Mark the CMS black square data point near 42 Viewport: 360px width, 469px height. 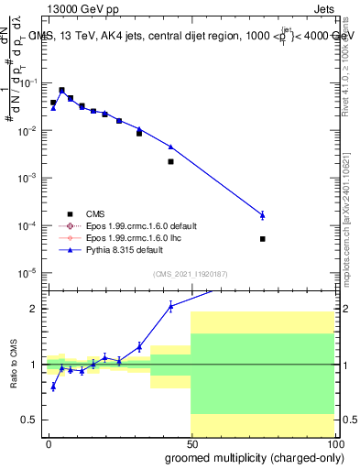click(171, 161)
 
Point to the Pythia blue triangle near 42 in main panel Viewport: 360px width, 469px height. click(171, 147)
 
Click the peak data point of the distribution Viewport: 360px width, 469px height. click(61, 91)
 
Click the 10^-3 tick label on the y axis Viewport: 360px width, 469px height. click(30, 177)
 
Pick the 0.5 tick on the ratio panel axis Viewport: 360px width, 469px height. click(34, 420)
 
